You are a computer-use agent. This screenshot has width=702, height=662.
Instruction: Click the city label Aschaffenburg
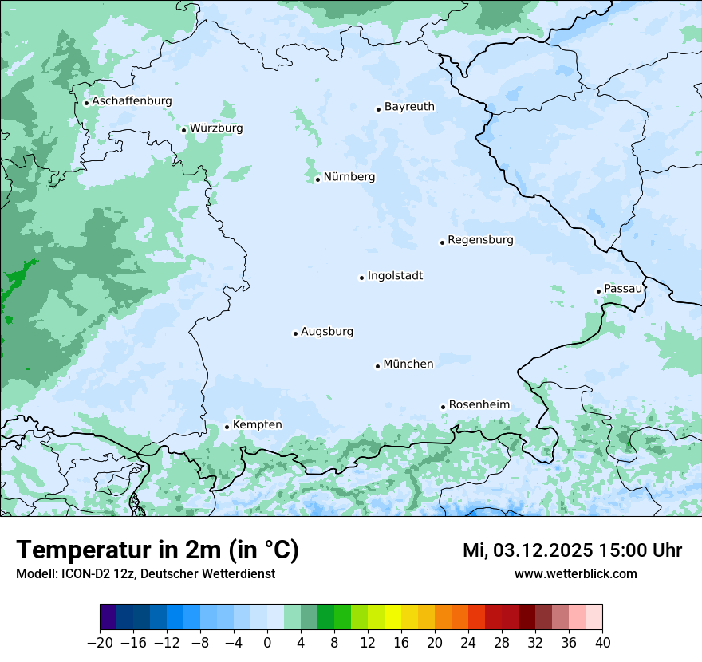click(132, 101)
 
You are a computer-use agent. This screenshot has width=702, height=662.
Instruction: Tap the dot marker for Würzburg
click(183, 130)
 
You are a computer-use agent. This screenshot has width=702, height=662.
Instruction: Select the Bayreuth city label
click(409, 106)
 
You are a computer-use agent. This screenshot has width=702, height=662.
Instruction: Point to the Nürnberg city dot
click(317, 179)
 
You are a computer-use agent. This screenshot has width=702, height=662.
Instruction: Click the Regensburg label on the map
click(480, 239)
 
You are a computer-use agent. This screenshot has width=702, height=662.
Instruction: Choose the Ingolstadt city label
click(395, 275)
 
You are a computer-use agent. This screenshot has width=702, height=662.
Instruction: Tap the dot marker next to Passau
click(598, 291)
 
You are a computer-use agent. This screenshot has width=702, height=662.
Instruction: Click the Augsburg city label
click(327, 331)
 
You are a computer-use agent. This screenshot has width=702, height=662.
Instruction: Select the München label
click(408, 364)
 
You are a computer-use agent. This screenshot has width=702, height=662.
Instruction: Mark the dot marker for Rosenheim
click(443, 407)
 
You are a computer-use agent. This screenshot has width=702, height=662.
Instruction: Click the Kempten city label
click(257, 424)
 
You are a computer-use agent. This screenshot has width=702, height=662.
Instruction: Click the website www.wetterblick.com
click(575, 573)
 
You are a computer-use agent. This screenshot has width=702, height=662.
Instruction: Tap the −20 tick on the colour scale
click(100, 643)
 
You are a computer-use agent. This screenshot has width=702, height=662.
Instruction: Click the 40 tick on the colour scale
click(602, 643)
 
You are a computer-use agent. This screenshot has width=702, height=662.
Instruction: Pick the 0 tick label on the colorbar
click(267, 643)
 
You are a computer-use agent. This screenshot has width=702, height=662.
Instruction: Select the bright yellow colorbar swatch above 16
click(392, 617)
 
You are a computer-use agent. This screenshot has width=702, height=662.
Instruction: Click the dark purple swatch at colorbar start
click(108, 617)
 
